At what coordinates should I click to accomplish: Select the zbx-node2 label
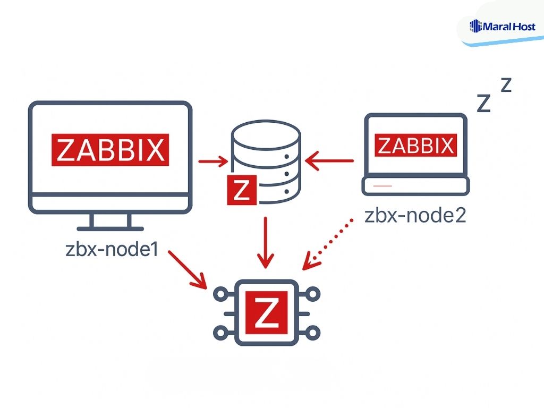(415, 217)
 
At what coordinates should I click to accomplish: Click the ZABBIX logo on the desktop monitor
(110, 150)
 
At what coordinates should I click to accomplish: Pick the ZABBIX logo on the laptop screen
(415, 145)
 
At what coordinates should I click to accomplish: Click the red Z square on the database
(242, 190)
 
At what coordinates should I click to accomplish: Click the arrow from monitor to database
(213, 159)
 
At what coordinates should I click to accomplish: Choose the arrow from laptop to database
(330, 159)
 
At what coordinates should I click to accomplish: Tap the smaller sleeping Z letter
(506, 84)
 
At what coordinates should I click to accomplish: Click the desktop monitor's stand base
(110, 228)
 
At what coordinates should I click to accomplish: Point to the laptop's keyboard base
(415, 186)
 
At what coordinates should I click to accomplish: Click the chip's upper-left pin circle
(219, 293)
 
